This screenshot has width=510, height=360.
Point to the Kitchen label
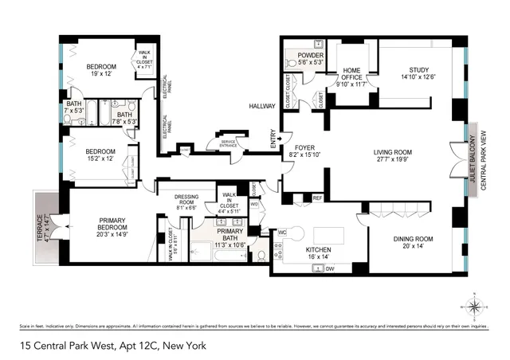(x=319, y=254)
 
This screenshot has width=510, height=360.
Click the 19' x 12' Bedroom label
(x=101, y=70)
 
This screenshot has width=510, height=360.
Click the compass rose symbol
(x=473, y=304)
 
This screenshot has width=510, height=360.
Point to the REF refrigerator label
(x=316, y=198)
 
